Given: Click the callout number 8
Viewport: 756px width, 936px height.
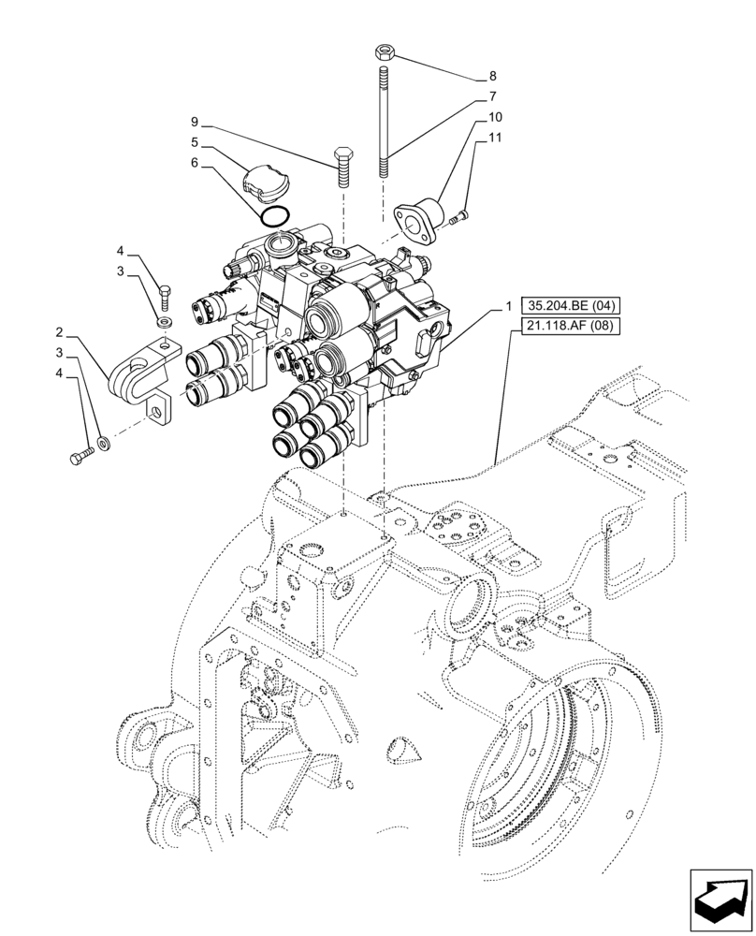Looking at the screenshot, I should tap(492, 76).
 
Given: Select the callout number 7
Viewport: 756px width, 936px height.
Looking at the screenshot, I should tap(492, 96).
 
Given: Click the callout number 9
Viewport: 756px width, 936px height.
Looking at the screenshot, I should tap(195, 123).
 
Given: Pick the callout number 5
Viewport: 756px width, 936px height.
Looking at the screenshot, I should tap(195, 142).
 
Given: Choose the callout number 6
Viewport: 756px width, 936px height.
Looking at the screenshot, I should tap(195, 162).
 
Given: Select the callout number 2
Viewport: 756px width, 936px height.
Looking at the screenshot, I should tap(59, 332).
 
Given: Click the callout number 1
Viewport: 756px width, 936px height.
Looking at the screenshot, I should tap(507, 306).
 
